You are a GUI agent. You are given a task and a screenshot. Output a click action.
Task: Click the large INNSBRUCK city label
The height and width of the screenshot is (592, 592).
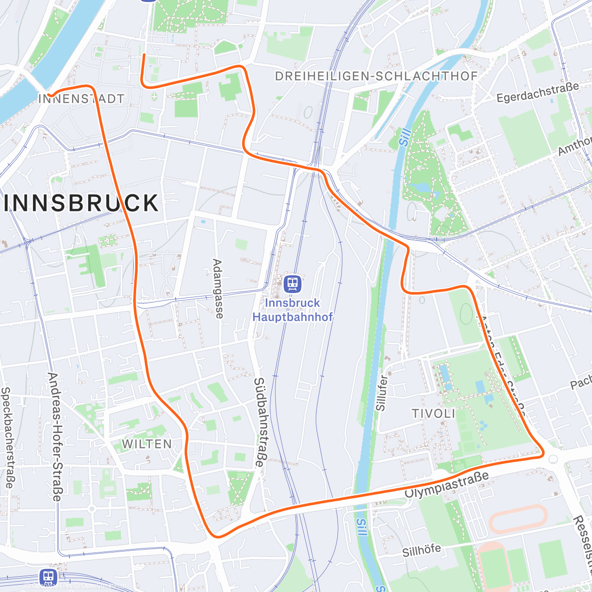[x=81, y=203]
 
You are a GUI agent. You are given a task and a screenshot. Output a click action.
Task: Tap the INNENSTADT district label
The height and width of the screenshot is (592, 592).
[x=81, y=99]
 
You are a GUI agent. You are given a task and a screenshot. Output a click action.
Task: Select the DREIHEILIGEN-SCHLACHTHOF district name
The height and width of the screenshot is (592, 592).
[x=376, y=76]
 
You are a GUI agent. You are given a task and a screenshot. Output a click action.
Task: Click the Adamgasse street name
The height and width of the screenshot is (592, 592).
[x=218, y=289]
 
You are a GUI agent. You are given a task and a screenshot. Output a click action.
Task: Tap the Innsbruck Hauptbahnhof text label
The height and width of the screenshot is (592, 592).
[x=293, y=310]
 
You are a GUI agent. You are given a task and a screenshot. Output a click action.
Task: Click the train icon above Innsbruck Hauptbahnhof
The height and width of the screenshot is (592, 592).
[x=293, y=283]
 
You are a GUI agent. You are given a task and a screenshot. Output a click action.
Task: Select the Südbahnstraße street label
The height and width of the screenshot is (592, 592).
[x=259, y=422]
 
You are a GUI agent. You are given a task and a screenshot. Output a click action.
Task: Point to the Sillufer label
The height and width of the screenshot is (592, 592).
[x=381, y=393]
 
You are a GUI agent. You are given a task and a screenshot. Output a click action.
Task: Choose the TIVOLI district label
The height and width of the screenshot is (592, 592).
[x=434, y=413]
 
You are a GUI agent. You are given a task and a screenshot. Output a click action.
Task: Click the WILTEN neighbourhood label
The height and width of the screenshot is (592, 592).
[x=147, y=444]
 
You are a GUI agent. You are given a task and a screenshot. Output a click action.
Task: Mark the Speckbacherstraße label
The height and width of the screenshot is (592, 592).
[x=6, y=437]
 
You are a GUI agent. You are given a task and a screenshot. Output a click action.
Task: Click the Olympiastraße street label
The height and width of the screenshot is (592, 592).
[x=447, y=484]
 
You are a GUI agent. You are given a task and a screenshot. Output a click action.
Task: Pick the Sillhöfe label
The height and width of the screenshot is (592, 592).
[x=421, y=550]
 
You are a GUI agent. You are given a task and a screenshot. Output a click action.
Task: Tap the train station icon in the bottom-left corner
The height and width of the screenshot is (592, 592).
[x=48, y=576]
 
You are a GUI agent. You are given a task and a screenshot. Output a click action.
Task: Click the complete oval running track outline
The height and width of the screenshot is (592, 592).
[x=518, y=518]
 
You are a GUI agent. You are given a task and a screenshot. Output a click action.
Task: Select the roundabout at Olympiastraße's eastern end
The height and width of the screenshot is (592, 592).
[x=553, y=459]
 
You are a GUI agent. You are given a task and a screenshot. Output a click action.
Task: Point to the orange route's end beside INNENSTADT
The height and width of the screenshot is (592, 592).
[x=50, y=94]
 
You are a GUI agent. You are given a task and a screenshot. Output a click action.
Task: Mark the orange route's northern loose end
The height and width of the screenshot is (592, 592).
[x=144, y=54]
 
